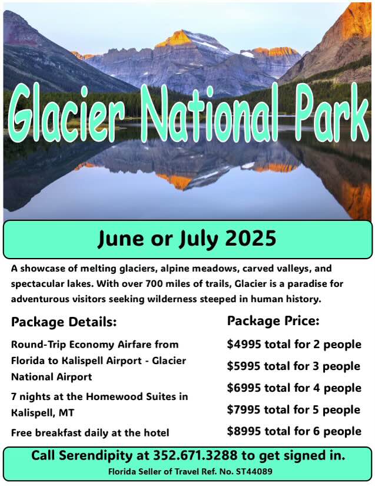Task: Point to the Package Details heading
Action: (x=64, y=322)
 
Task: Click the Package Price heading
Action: (x=273, y=321)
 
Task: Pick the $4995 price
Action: (x=244, y=345)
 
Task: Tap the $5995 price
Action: (x=244, y=366)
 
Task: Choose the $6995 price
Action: (x=244, y=388)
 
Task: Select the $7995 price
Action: (x=244, y=409)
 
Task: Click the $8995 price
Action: (x=244, y=431)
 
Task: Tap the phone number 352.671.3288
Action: (x=195, y=455)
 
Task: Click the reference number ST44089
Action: (x=254, y=472)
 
